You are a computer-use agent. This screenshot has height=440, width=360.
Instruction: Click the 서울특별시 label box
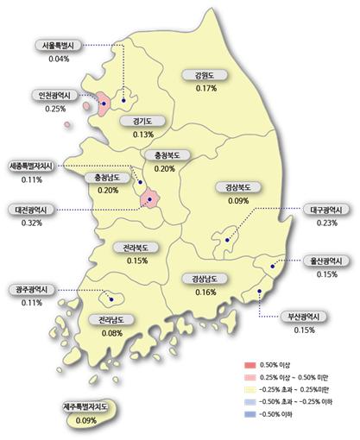[60, 46]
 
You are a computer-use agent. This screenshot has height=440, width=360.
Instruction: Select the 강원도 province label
[205, 76]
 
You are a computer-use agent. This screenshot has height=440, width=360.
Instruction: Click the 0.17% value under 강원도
[205, 88]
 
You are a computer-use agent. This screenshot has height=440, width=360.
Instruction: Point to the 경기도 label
[143, 122]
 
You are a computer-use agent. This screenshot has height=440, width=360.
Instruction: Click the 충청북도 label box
[163, 156]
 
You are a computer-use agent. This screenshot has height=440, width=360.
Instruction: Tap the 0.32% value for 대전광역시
[31, 223]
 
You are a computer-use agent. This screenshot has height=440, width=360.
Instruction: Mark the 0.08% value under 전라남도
[111, 331]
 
